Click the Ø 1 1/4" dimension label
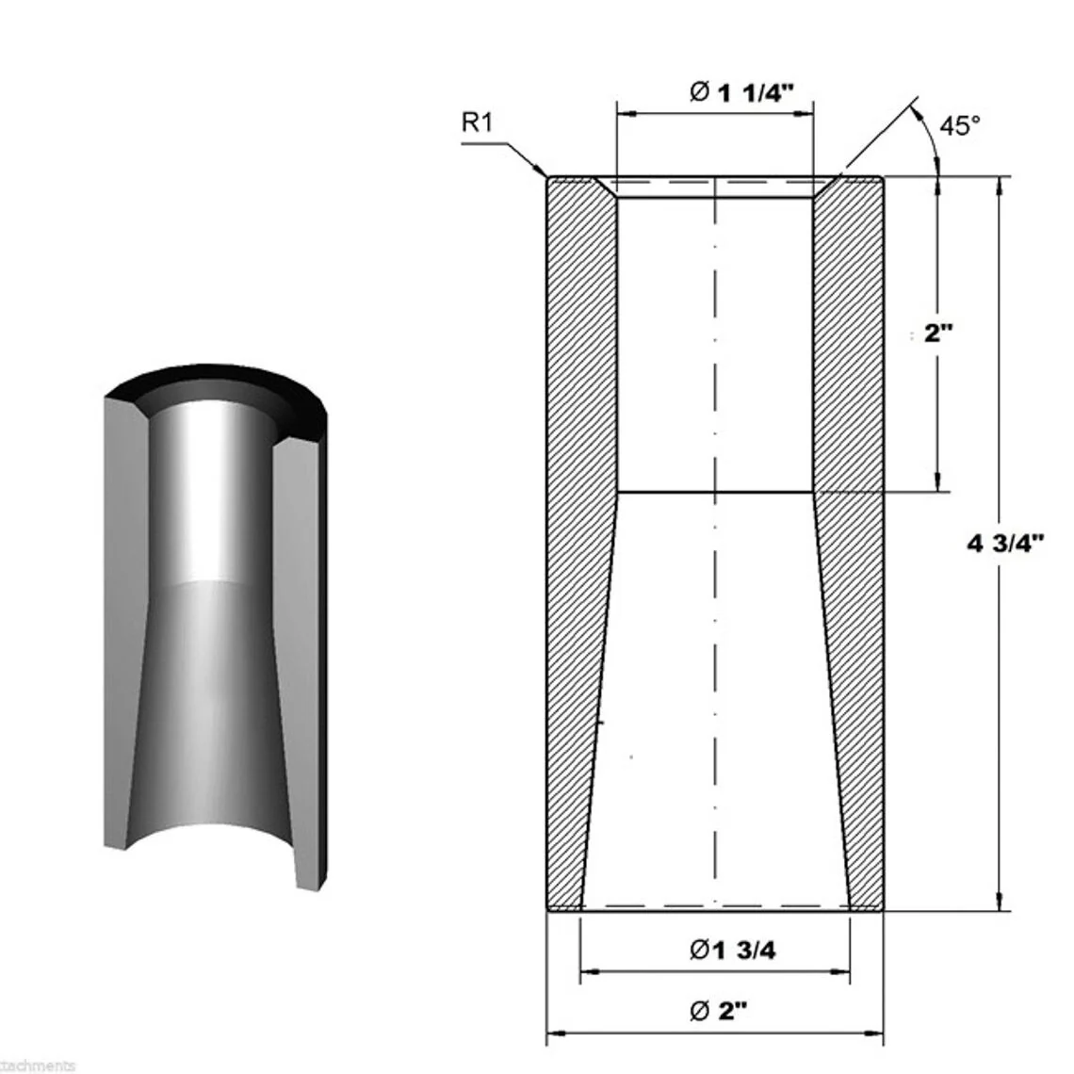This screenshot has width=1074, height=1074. [x=741, y=91]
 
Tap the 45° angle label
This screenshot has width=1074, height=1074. [x=959, y=125]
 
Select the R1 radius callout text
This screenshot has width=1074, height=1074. [x=479, y=122]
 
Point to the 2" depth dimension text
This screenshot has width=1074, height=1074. [x=938, y=333]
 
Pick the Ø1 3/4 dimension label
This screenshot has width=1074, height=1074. [x=732, y=951]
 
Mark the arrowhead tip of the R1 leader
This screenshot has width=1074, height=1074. [x=547, y=176]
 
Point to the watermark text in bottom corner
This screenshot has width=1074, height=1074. [x=38, y=1066]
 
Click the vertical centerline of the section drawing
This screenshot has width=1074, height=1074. [x=716, y=565]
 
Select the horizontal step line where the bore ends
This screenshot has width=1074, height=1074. [x=716, y=492]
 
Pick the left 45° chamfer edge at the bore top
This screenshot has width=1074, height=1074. [x=605, y=187]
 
